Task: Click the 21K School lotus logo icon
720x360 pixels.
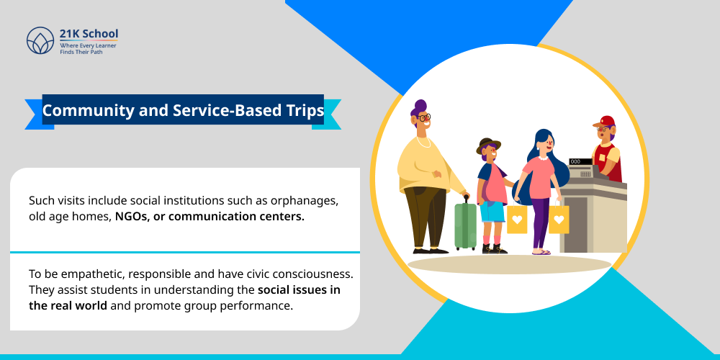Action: (40, 40)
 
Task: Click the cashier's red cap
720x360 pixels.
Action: (607, 121)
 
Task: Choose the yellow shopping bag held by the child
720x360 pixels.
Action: (517, 220)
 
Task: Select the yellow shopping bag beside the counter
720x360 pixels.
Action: (559, 219)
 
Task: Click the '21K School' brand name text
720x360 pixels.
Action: (89, 34)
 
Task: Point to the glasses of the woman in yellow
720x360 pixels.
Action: (424, 117)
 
